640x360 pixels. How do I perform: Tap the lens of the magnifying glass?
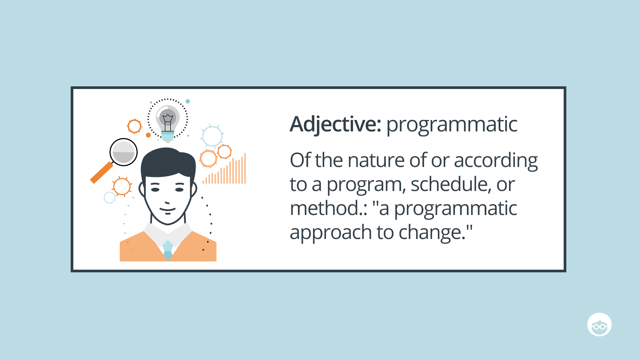click(123, 152)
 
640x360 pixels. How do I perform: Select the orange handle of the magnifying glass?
click(102, 173)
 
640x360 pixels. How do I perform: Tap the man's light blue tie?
click(168, 250)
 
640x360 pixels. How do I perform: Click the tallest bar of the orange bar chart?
click(245, 168)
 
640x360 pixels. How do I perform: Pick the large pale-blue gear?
click(212, 136)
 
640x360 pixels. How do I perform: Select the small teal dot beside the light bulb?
click(188, 101)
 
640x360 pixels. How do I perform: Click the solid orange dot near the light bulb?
click(148, 135)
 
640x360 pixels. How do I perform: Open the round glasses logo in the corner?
click(599, 324)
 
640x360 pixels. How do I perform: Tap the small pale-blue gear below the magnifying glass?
click(110, 197)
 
